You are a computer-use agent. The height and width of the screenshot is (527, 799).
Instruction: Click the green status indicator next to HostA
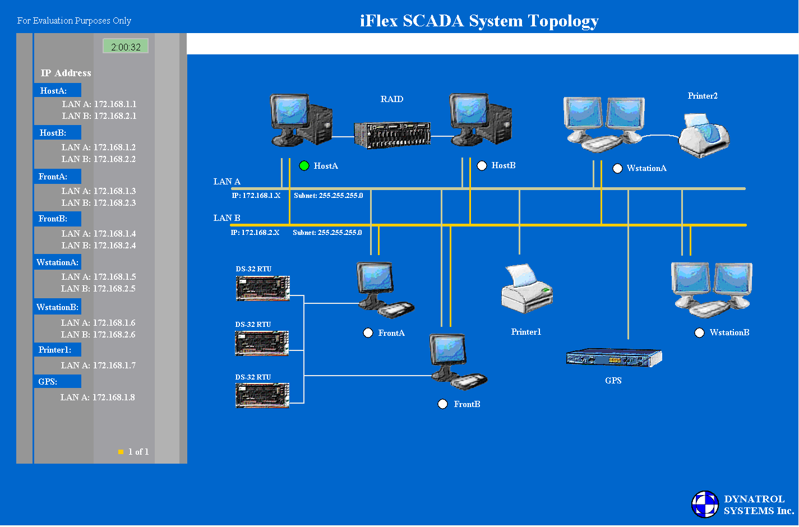[304, 166]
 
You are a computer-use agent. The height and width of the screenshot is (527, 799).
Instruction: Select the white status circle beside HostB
[482, 165]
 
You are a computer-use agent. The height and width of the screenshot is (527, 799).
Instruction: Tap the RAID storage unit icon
[392, 135]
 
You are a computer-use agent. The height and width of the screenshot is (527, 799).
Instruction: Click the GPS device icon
[613, 358]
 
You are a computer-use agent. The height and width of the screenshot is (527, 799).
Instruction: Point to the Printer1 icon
[526, 289]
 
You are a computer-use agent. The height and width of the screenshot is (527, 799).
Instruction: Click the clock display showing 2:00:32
[126, 47]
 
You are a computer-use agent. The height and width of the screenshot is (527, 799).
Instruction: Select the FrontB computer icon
[457, 362]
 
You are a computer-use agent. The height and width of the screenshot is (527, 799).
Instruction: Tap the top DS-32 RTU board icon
[262, 288]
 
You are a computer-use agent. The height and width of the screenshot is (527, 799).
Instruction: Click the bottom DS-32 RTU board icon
[262, 395]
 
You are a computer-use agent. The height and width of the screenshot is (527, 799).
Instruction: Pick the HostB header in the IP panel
[54, 133]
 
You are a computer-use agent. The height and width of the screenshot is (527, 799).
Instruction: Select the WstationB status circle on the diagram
[699, 333]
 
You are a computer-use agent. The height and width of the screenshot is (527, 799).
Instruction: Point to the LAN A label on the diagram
[227, 182]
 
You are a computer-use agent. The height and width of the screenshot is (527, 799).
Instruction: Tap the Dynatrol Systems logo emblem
[705, 504]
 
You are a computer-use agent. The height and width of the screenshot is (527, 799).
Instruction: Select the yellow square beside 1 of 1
[121, 452]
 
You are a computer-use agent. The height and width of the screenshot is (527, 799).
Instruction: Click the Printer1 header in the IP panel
[55, 350]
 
